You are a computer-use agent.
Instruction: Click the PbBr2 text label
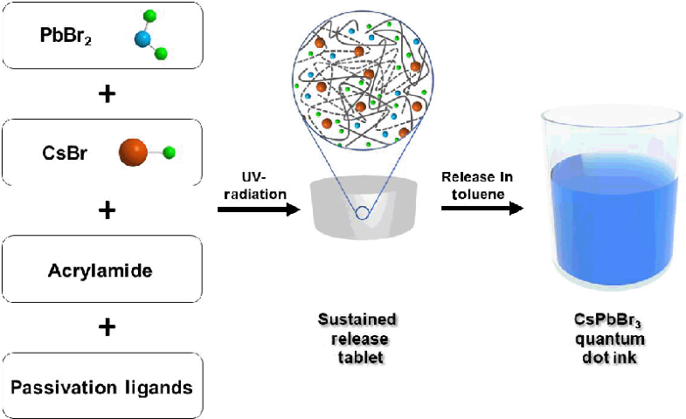[66, 37]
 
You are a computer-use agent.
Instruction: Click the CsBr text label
[62, 154]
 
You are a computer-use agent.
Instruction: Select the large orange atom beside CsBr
[132, 154]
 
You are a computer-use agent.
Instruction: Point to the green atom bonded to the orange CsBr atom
[169, 154]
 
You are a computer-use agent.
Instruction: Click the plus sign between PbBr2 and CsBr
[107, 95]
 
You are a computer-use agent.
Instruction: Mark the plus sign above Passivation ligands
[107, 327]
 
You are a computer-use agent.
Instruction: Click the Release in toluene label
[477, 186]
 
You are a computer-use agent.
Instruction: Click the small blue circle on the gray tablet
[361, 212]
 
